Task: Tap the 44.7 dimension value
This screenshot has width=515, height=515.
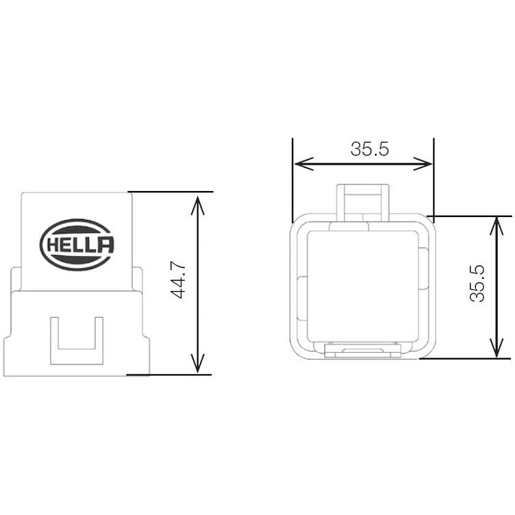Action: click(180, 281)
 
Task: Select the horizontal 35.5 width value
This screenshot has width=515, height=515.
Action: click(370, 149)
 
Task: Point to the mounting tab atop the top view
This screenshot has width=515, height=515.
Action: click(363, 200)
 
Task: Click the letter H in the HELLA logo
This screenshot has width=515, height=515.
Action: click(53, 245)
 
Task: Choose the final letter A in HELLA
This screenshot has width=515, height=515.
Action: click(105, 245)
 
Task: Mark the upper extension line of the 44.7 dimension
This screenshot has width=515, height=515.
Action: click(171, 192)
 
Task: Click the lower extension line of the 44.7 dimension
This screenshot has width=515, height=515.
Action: click(171, 375)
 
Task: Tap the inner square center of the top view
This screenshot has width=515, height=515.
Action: click(363, 284)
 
